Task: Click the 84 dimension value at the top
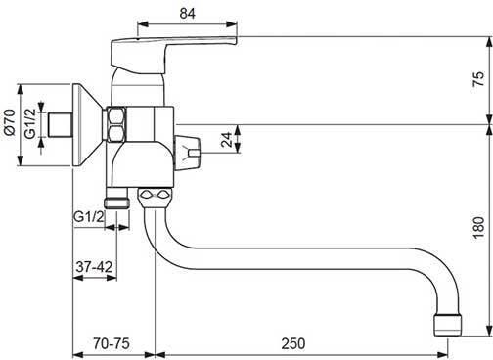(187, 14)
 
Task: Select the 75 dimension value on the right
(478, 79)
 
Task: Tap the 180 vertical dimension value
(478, 228)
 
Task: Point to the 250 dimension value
(293, 343)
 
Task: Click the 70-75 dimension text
(112, 343)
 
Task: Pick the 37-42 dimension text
(94, 267)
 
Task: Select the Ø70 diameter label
(9, 122)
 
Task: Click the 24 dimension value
(227, 139)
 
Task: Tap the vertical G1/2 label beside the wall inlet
(30, 123)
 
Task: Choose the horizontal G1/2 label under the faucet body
(89, 216)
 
